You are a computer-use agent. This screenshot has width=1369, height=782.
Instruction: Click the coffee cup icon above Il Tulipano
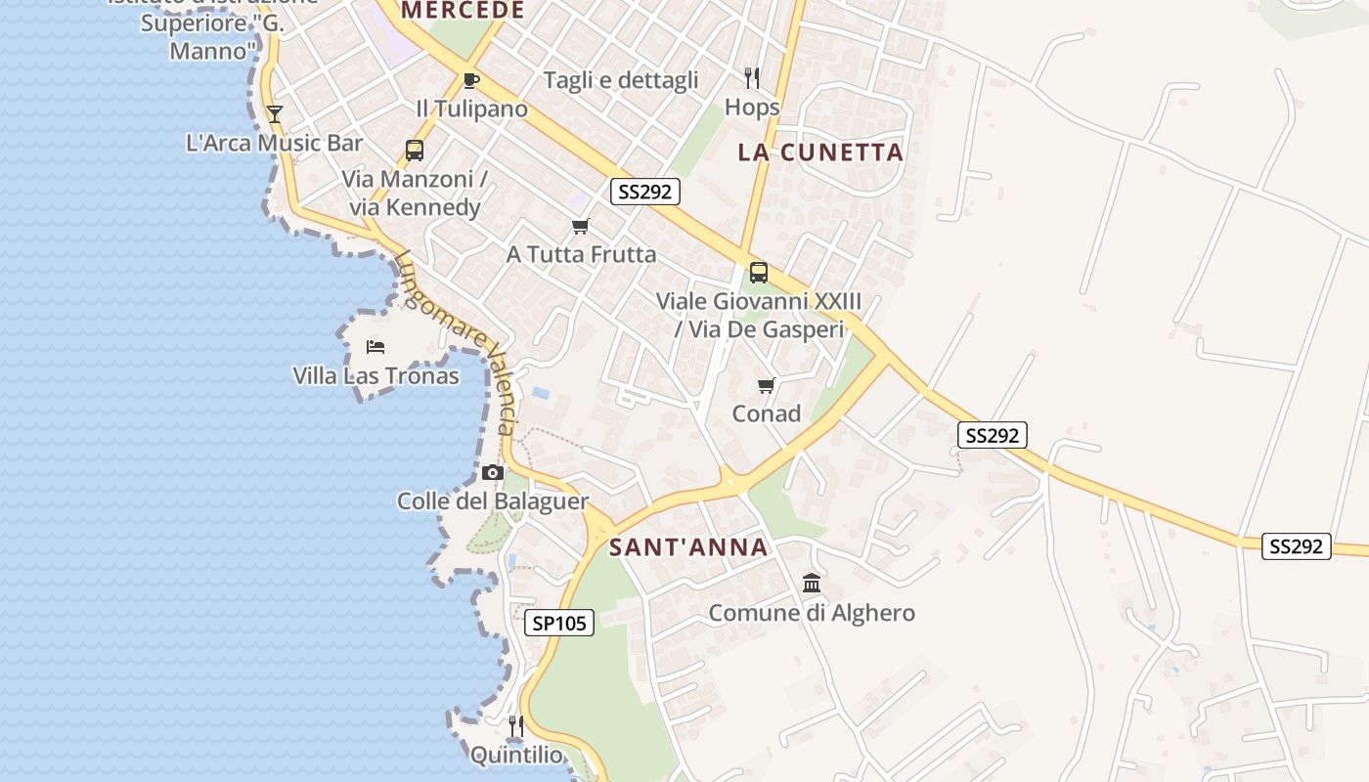[x=470, y=80]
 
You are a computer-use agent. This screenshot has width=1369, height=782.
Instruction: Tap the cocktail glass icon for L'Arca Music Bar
[x=275, y=113]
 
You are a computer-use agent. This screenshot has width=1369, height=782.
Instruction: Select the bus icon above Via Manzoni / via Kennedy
[x=415, y=151]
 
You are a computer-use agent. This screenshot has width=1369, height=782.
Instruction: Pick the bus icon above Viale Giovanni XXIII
[x=759, y=273]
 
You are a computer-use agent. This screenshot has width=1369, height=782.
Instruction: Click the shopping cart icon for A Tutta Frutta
[x=581, y=227]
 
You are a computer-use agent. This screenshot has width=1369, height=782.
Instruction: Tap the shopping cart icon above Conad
[x=766, y=385]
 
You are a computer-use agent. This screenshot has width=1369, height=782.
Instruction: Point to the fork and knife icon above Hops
[x=752, y=78]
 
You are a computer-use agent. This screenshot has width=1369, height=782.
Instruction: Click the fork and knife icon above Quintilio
[x=516, y=726]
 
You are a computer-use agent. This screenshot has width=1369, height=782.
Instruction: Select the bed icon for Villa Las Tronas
[x=375, y=347]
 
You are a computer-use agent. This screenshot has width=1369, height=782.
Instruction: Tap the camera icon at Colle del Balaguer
[x=492, y=473]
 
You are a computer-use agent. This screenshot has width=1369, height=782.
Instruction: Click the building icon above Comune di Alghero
[x=812, y=584]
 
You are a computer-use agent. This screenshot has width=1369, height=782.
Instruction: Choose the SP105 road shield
[x=559, y=623]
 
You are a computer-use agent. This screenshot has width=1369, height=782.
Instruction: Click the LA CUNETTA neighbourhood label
[x=820, y=152]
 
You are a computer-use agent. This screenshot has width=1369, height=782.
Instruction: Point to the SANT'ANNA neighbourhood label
[x=688, y=547]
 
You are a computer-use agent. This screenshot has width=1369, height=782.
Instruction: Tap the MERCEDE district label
[x=464, y=11]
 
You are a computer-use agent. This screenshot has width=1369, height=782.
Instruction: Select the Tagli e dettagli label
[x=621, y=80]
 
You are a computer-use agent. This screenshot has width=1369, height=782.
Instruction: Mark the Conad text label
[x=767, y=413]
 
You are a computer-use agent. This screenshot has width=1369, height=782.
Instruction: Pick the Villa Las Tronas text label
[x=375, y=375]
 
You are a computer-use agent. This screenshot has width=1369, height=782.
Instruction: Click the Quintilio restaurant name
[x=516, y=755]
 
